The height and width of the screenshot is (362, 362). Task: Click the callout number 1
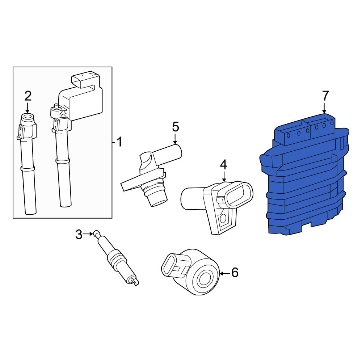(119, 142)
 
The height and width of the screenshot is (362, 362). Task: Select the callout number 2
(28, 96)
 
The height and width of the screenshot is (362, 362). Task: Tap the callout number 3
(79, 235)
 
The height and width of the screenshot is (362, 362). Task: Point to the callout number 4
(223, 165)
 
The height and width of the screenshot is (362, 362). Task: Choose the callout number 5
(176, 127)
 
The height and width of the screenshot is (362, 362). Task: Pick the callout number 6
(235, 273)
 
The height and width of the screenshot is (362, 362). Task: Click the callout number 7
(325, 96)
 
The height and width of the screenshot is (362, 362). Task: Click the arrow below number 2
(28, 108)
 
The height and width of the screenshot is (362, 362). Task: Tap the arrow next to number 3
(88, 234)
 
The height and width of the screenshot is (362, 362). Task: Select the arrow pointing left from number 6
(225, 274)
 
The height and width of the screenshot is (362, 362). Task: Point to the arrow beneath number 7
(324, 108)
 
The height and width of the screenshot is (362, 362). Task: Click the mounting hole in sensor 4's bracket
(223, 218)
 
